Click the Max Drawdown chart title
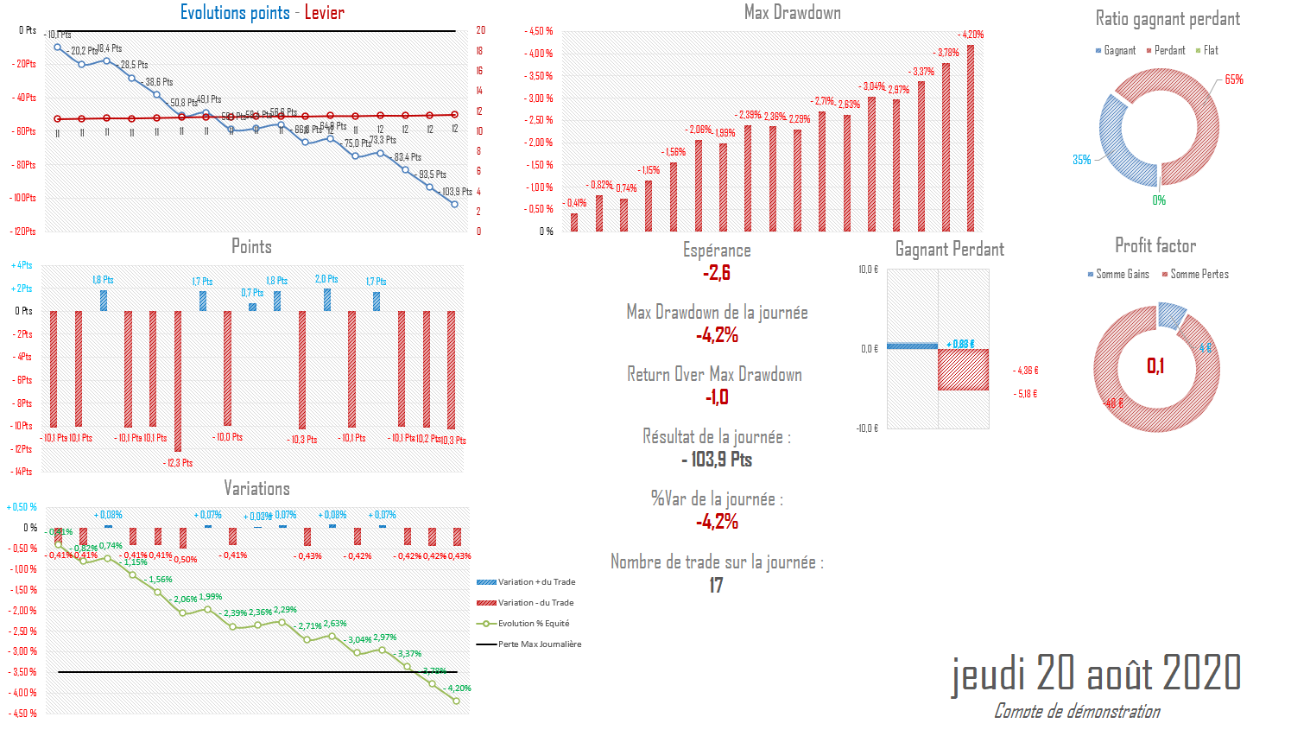[x=792, y=12]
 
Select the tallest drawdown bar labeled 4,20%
[x=971, y=138]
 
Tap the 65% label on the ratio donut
[x=1234, y=79]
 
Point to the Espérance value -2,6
[x=717, y=273]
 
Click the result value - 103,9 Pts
[x=717, y=460]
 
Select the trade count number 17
[x=716, y=586]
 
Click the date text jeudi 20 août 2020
[x=1096, y=673]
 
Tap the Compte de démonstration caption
[x=1077, y=711]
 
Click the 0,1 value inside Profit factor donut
[x=1155, y=366]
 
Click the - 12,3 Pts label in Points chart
[x=178, y=463]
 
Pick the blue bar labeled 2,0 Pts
[x=327, y=300]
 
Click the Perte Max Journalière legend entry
[x=539, y=644]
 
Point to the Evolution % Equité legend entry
[x=533, y=624]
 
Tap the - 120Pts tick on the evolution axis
[x=23, y=232]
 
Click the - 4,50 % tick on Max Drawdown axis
[x=538, y=31]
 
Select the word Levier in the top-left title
[x=324, y=12]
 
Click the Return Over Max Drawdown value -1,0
[x=717, y=397]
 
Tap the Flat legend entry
[x=1210, y=51]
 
